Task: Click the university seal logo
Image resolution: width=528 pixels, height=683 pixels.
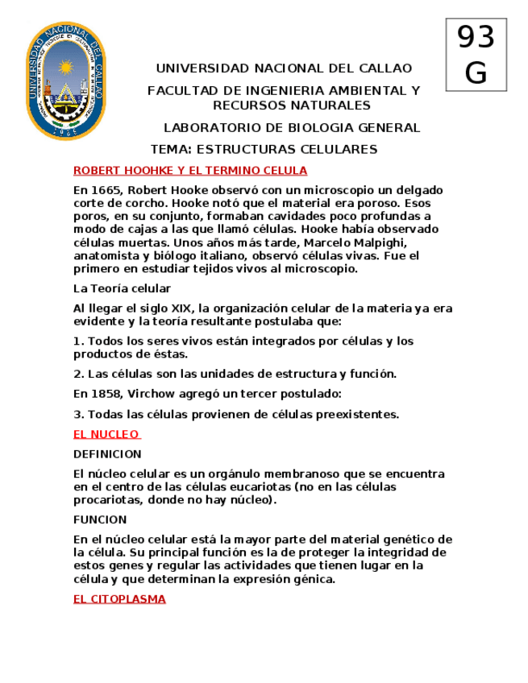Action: [x=66, y=81]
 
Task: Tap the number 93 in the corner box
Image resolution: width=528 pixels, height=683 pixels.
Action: [x=476, y=38]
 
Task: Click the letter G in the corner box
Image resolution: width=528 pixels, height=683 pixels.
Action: [x=476, y=72]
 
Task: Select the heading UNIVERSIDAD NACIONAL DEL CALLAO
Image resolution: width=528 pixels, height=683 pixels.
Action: [x=283, y=68]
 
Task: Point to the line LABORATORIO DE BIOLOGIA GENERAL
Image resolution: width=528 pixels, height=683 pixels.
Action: [x=292, y=128]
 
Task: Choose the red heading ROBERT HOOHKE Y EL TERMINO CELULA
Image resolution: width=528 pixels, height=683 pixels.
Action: [x=190, y=171]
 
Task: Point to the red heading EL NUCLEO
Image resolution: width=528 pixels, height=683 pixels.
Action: [x=106, y=434]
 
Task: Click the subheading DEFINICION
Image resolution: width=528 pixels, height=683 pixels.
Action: [x=107, y=454]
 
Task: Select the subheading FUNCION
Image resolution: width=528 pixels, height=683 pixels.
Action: [x=100, y=519]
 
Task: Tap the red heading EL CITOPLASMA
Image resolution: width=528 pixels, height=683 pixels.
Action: [x=119, y=599]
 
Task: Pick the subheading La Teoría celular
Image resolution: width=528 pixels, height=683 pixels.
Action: [x=122, y=288]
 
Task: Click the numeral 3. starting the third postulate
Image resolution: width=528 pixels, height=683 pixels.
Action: [x=78, y=415]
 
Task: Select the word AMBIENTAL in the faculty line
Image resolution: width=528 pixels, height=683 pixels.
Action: [x=359, y=91]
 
